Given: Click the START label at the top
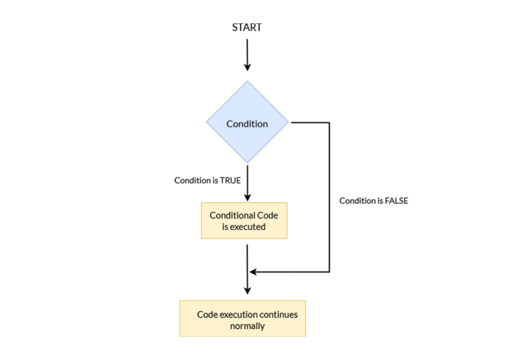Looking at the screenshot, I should coord(246,27).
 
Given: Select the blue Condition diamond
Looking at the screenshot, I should coord(247,124).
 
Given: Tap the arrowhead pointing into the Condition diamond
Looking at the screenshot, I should coord(247,66).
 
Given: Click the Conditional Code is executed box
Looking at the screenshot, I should coord(244,221).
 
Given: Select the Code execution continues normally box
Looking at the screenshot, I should coord(242,319).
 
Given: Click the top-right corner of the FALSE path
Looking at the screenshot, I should coord(329,123).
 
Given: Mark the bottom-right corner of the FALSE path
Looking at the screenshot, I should coord(329,272).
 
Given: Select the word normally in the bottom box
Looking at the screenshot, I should coord(247,325).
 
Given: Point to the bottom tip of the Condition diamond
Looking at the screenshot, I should coord(247,163).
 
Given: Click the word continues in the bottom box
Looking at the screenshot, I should coord(278,314).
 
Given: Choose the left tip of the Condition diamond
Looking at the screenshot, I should coord(206,123).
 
